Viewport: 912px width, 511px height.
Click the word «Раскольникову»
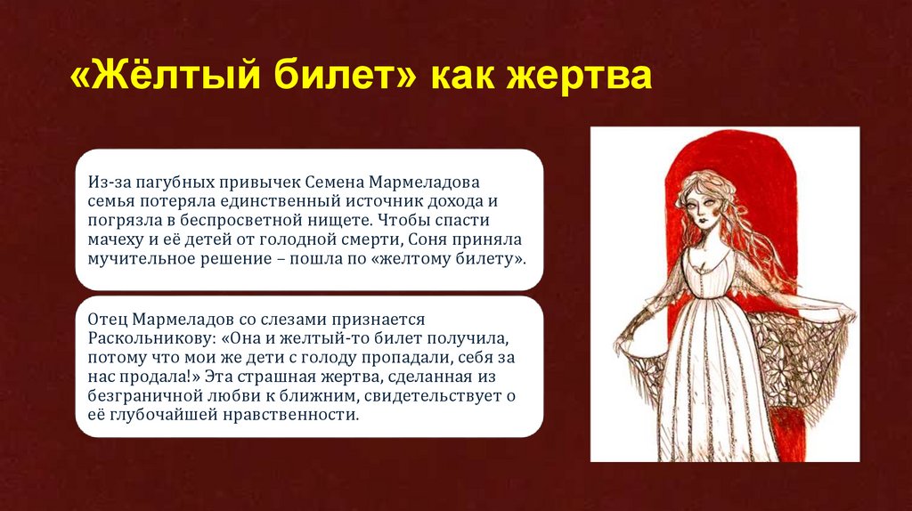tap(136, 338)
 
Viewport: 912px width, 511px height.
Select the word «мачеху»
tap(115, 239)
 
